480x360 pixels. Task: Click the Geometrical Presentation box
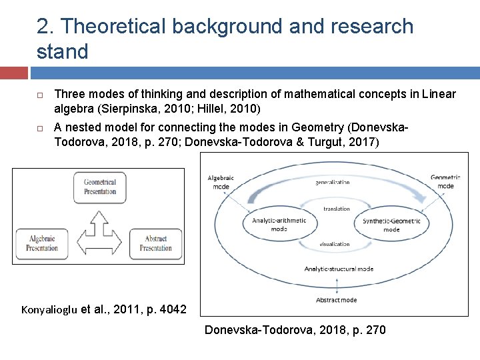[100, 187]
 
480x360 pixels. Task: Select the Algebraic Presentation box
[42, 243]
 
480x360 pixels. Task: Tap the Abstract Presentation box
[155, 243]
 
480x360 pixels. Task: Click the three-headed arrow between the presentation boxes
[100, 230]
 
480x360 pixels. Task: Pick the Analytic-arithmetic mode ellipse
[279, 225]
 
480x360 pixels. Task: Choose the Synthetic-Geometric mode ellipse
[391, 225]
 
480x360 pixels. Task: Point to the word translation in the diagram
[336, 209]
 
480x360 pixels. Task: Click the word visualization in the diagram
[335, 244]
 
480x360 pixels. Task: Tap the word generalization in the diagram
[333, 181]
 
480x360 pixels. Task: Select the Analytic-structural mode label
[339, 269]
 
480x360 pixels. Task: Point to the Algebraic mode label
[222, 182]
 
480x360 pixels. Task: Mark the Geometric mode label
[445, 181]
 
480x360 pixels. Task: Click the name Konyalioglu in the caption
[49, 309]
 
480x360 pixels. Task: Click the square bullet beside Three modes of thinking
[40, 95]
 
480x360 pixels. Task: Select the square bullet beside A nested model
[40, 128]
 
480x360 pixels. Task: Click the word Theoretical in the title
[119, 27]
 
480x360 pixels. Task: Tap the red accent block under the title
[13, 73]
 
